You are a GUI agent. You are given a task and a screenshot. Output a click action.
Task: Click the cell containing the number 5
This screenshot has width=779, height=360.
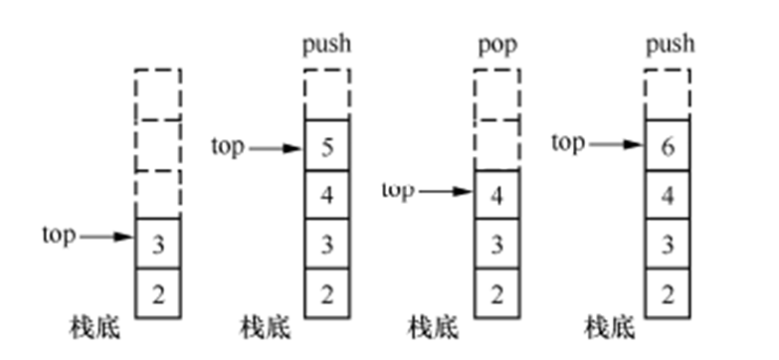pos(328,146)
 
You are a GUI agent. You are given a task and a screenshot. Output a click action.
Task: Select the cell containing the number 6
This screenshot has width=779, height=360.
pos(669,146)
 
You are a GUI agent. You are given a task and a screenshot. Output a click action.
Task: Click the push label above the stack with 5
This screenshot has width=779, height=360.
pos(327,46)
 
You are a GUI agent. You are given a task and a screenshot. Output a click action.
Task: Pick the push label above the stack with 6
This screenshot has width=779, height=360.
pos(669,46)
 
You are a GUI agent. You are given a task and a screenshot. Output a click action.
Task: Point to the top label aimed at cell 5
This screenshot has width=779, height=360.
pos(228,146)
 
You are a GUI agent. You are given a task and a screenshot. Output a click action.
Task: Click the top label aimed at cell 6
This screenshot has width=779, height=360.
pos(568,143)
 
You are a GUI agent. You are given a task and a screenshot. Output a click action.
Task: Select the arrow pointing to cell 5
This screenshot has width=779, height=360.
pos(277,148)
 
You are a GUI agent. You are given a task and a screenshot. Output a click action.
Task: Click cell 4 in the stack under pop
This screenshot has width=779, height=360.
pos(497,194)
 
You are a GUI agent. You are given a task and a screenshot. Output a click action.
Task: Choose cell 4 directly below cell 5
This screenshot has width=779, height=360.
pos(328,194)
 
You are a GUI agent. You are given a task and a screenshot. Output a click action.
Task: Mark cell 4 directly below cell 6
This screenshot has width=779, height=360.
pos(669,194)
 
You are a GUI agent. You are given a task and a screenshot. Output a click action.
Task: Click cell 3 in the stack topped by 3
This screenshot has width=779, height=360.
pos(158,244)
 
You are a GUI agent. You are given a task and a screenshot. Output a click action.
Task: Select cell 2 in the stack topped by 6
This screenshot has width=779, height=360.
pos(669,294)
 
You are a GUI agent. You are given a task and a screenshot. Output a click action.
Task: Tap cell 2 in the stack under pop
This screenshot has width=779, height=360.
pos(497,294)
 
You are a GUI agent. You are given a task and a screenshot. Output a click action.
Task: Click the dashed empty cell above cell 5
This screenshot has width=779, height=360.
pos(328,94)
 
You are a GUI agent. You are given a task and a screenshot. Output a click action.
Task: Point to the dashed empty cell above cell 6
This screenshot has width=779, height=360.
pos(669,94)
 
